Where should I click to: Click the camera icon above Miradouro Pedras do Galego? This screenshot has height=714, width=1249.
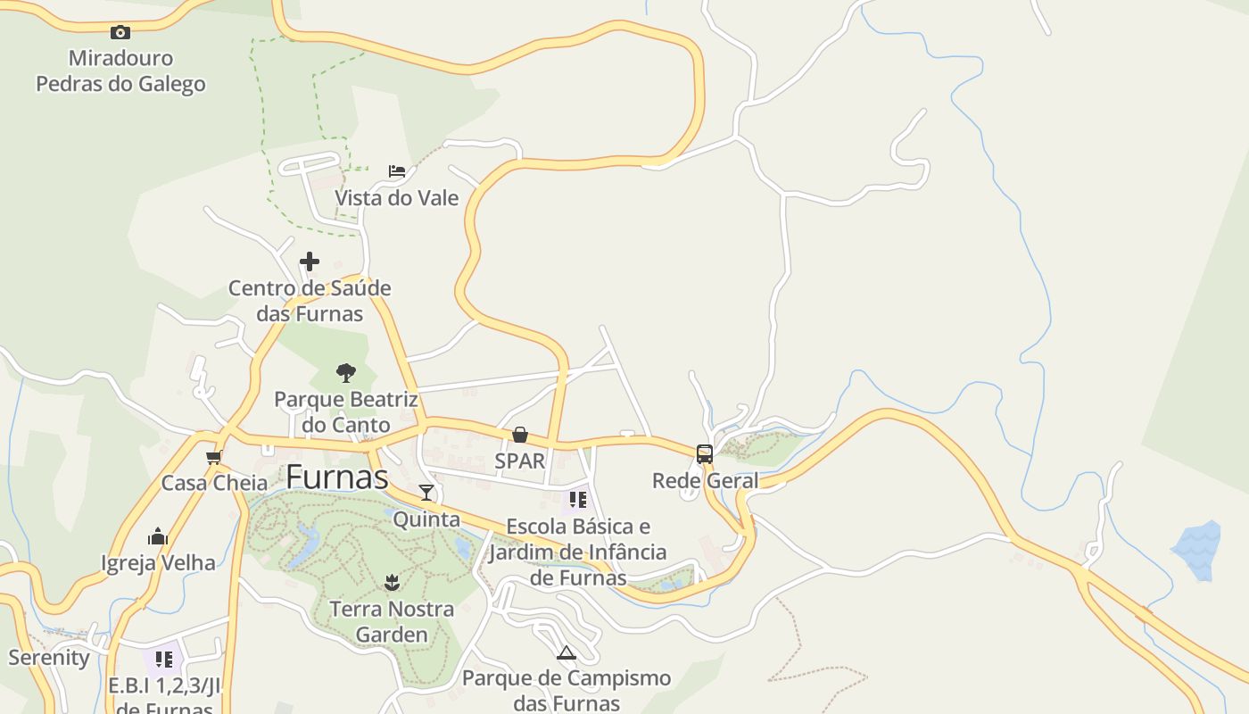[120, 33]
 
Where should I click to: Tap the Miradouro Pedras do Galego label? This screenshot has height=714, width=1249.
[120, 71]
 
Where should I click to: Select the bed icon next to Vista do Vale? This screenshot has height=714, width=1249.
[397, 170]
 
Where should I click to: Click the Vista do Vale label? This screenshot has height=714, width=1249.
[396, 197]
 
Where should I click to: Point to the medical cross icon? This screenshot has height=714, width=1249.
[310, 262]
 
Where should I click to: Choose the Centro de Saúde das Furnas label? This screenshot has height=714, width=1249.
[310, 301]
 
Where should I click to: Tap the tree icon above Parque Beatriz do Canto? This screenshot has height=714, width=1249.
[346, 372]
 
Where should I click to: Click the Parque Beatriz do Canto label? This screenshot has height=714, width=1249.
[346, 411]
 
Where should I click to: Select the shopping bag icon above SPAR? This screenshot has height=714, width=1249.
[520, 435]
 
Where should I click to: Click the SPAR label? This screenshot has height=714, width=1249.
[520, 461]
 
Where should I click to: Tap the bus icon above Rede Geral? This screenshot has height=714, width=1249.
[705, 454]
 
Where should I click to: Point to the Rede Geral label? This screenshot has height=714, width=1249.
[705, 480]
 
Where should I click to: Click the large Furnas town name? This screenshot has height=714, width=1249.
[337, 477]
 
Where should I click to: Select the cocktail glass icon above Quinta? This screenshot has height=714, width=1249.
[426, 493]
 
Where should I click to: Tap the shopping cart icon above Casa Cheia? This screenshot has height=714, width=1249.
[213, 457]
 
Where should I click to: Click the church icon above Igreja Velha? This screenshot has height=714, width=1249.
[158, 536]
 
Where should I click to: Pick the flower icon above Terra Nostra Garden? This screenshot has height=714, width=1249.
[392, 583]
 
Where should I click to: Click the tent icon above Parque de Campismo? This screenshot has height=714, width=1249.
[566, 652]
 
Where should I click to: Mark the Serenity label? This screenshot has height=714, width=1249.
[49, 658]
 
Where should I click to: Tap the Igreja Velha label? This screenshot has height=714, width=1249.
[158, 562]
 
